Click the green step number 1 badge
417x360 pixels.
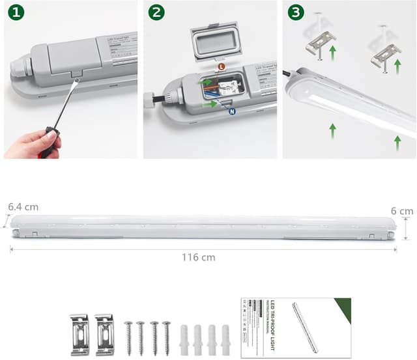click(x=16, y=12)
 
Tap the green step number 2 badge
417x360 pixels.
click(x=156, y=12)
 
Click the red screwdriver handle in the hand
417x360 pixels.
click(x=48, y=145)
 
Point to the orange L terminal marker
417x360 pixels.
click(x=222, y=66)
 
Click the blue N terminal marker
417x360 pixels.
click(x=232, y=111)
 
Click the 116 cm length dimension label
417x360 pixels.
click(x=198, y=257)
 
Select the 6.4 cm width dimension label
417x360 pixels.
click(x=23, y=207)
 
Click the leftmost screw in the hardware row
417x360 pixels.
click(x=128, y=337)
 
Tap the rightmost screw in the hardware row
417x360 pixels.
click(x=166, y=337)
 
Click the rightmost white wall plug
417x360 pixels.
click(x=225, y=338)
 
